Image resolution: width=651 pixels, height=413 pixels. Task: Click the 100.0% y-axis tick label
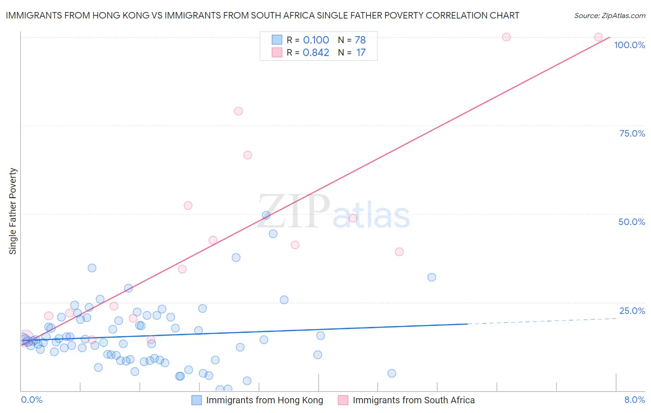[629, 45]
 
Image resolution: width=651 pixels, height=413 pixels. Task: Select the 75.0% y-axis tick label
[632, 133]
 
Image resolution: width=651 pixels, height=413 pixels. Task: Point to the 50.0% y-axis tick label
[632, 222]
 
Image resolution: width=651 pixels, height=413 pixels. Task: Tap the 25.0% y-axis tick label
[632, 311]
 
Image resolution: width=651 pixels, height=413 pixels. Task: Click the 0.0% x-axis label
[31, 400]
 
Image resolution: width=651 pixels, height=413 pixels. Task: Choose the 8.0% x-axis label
[634, 400]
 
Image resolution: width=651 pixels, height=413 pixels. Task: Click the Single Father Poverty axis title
[13, 211]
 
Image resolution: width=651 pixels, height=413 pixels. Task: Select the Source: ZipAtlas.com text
[609, 16]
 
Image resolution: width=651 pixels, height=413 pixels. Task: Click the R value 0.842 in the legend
[316, 53]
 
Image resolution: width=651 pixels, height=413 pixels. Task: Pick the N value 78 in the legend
[360, 40]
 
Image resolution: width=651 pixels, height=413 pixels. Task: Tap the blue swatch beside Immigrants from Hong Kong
[197, 400]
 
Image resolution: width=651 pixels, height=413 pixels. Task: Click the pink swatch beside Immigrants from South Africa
[343, 400]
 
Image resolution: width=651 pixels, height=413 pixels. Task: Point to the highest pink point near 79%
[238, 111]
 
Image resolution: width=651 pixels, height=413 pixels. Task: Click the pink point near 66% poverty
[248, 155]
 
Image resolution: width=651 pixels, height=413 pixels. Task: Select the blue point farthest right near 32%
[432, 277]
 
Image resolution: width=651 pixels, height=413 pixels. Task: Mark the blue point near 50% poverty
[266, 215]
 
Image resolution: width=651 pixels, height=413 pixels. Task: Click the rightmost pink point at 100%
[598, 37]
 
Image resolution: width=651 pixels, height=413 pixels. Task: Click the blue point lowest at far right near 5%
[392, 373]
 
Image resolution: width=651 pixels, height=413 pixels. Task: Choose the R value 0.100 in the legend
[316, 40]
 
